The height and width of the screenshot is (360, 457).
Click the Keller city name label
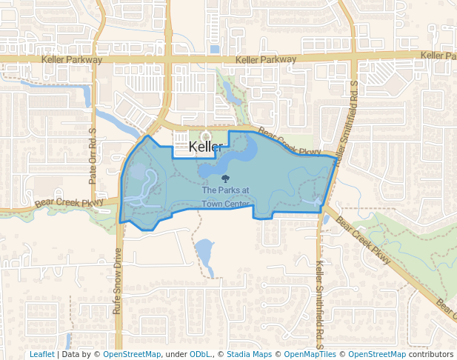tap(206, 147)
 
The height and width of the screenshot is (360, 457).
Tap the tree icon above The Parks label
tap(225, 179)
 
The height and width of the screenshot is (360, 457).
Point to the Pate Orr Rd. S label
tap(93, 156)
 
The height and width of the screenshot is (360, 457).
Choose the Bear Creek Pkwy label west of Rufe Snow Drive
tap(69, 201)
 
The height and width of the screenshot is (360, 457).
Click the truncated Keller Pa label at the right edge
tap(438, 56)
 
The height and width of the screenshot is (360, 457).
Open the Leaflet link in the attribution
tap(41, 355)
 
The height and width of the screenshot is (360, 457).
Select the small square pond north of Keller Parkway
tap(215, 50)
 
